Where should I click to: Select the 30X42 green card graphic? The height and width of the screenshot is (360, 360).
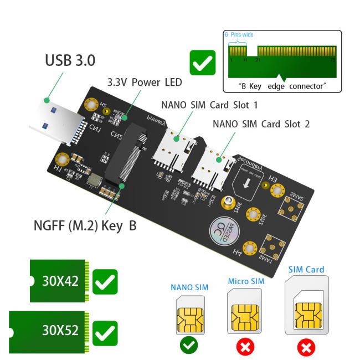point(56,281)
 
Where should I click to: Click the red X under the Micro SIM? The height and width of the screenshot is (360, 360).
point(244,346)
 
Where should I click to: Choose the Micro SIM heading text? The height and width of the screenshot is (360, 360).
point(244,281)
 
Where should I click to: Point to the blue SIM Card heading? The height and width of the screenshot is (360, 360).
point(306,270)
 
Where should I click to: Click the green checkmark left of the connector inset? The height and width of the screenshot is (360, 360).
point(203,63)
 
